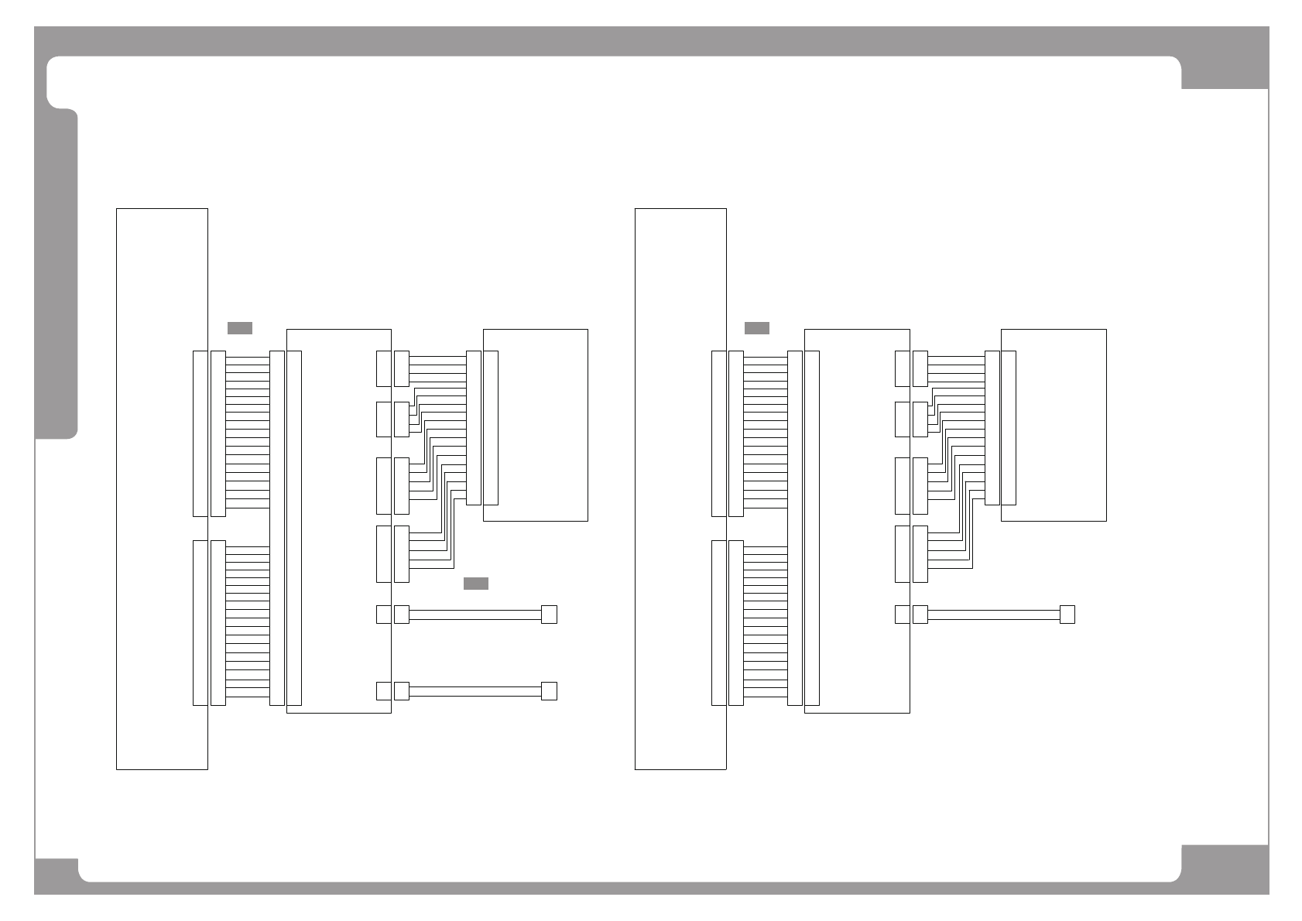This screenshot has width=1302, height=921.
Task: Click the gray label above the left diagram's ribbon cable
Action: point(239,327)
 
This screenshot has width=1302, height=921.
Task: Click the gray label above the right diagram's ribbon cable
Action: point(756,327)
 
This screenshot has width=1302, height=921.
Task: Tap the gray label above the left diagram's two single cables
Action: point(475,583)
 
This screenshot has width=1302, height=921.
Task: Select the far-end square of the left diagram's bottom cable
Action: point(549,691)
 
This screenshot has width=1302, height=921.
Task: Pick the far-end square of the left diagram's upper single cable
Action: point(549,615)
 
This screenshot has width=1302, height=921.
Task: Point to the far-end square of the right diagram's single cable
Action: point(1067,615)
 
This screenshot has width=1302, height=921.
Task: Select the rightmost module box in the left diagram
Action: point(542,425)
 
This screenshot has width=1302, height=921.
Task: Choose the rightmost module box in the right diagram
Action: point(1060,425)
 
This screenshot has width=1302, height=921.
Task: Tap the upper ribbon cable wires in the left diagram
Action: point(247,433)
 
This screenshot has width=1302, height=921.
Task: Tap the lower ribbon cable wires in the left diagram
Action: point(247,623)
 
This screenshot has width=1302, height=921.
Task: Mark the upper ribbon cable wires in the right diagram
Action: point(765,433)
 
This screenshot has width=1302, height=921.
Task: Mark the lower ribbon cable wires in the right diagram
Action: point(765,623)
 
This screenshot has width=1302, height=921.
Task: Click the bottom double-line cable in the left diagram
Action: point(475,691)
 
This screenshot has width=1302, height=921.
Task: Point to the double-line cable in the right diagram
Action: point(993,615)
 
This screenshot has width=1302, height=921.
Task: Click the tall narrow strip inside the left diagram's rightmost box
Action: point(491,428)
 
